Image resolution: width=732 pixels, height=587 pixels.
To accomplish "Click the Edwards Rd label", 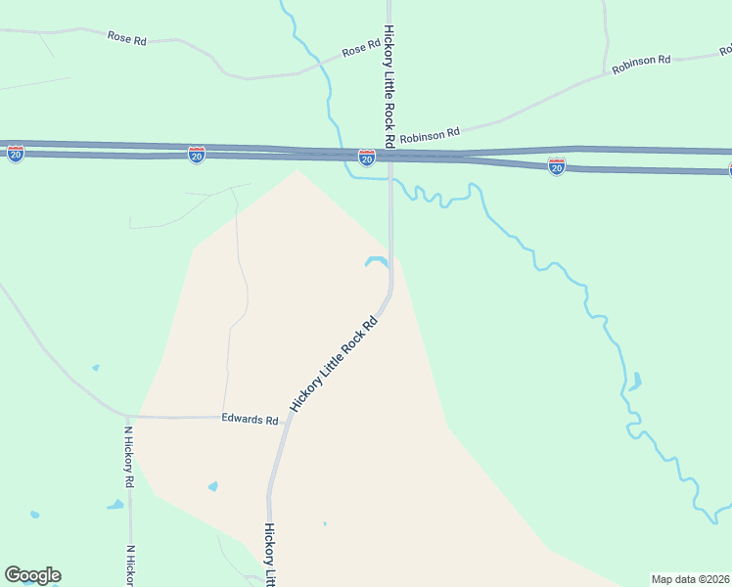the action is pos(250,420).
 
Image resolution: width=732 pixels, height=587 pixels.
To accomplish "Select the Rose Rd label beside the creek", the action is pos(360,48).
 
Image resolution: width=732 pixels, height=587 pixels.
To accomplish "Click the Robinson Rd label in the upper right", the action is pos(641,66).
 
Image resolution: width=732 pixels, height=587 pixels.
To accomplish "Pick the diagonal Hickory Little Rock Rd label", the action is pos(334,364).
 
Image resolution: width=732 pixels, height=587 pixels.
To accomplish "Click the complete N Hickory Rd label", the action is pos(128,457).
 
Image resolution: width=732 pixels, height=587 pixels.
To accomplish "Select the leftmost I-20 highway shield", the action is pos(16,155).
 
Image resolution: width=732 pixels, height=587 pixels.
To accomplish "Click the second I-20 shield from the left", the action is pos(197,155).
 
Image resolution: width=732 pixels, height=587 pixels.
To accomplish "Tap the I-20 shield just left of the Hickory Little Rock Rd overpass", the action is pos(366,158).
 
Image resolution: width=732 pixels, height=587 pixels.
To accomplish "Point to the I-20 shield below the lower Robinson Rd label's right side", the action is pos(556,166).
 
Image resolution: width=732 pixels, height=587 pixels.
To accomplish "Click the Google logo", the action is pos(32,575).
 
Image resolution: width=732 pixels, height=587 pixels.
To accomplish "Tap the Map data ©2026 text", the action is pos(690,579).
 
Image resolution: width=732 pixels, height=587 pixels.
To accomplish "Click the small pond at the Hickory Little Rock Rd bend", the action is pos(376,261).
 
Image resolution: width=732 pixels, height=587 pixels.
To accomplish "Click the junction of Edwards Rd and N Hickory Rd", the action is pos(127,416).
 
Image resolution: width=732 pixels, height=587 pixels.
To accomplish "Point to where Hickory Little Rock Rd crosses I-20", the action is pos(390,154).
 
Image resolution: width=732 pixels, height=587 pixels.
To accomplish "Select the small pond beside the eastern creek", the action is pos(636,381).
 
